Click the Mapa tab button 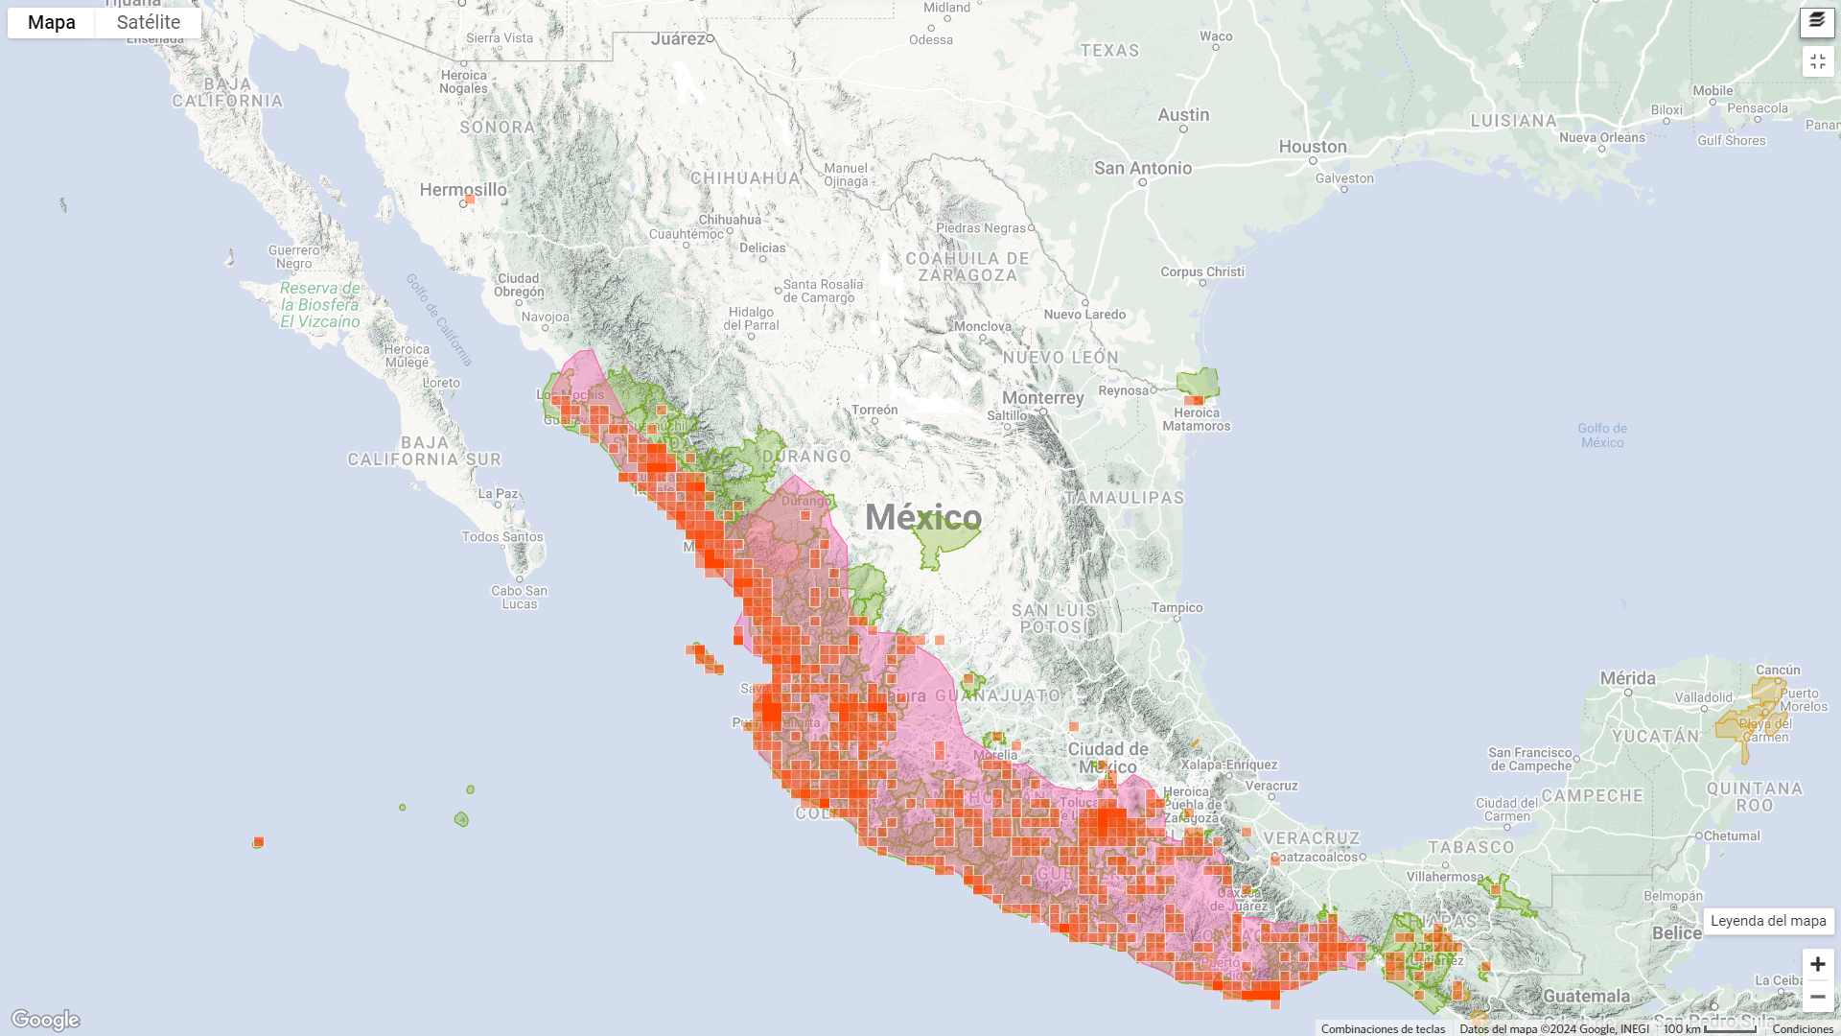[x=52, y=23]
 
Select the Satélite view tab [x=149, y=23]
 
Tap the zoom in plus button [x=1817, y=964]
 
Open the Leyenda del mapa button [x=1768, y=921]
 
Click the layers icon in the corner [x=1817, y=21]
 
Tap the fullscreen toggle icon [x=1817, y=61]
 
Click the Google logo [x=46, y=1019]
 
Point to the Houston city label [x=1313, y=147]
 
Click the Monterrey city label [x=1042, y=397]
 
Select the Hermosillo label [x=463, y=190]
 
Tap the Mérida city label [x=1627, y=678]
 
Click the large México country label [x=923, y=518]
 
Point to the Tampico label [x=1177, y=607]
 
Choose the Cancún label [x=1778, y=670]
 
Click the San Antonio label [x=1143, y=168]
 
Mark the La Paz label [x=498, y=494]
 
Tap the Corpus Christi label [x=1202, y=271]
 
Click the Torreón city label [x=874, y=410]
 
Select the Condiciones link [x=1803, y=1029]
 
